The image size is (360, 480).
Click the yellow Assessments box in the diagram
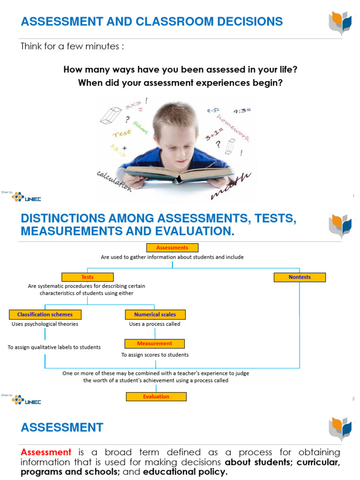pyautogui.click(x=172, y=247)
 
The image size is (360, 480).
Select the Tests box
pyautogui.click(x=87, y=277)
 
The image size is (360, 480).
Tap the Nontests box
pyautogui.click(x=300, y=277)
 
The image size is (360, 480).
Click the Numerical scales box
pyautogui.click(x=155, y=314)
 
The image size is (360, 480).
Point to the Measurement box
pyautogui.click(x=155, y=344)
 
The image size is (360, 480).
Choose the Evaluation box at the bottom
pyautogui.click(x=156, y=397)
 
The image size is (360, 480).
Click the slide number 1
pyautogui.click(x=353, y=196)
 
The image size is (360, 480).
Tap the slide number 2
pyautogui.click(x=353, y=398)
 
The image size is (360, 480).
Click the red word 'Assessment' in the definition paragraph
pyautogui.click(x=46, y=452)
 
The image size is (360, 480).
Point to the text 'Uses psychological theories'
pyautogui.click(x=45, y=324)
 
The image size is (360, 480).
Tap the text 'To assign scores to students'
pyautogui.click(x=155, y=355)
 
